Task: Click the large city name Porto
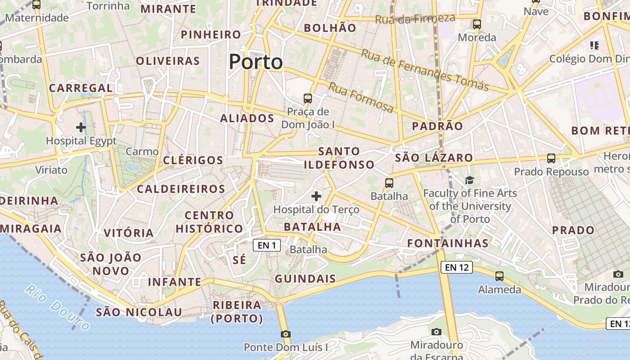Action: (256, 62)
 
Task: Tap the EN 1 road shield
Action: (267, 245)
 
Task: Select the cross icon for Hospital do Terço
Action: (316, 196)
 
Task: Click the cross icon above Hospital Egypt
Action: (81, 127)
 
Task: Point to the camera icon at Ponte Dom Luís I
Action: (285, 334)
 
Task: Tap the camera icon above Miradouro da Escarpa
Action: (436, 332)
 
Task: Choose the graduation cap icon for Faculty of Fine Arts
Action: (470, 180)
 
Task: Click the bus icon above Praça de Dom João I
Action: (308, 98)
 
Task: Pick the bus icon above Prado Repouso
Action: (551, 158)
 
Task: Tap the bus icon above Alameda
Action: (499, 276)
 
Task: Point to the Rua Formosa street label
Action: (360, 97)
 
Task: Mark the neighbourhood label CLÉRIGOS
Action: (193, 160)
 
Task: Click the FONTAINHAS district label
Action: (448, 243)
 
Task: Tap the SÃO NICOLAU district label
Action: (139, 312)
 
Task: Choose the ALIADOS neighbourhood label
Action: (247, 118)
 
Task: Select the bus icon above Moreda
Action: (477, 24)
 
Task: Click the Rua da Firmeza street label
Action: (415, 19)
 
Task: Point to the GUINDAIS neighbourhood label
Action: (305, 279)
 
